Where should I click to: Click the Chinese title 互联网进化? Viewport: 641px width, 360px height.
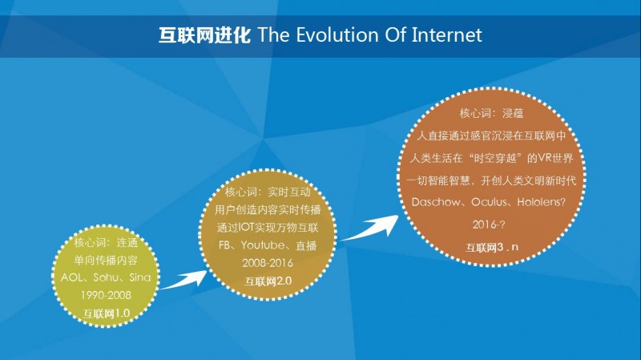click(204, 35)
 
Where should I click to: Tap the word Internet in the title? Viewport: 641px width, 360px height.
click(447, 34)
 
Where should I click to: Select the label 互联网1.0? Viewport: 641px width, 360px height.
click(107, 313)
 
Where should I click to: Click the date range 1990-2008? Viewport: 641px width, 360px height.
click(106, 295)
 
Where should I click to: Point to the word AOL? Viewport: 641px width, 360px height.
click(71, 277)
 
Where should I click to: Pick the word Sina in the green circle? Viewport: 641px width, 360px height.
click(139, 277)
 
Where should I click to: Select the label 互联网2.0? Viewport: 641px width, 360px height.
click(268, 281)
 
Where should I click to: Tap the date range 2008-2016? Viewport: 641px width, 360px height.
click(268, 263)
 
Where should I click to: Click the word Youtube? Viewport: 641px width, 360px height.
click(263, 245)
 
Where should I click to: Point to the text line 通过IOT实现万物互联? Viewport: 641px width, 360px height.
click(268, 228)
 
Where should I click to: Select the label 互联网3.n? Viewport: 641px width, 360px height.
click(492, 248)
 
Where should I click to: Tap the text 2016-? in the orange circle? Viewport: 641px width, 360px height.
click(489, 224)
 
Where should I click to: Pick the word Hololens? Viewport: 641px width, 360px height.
click(542, 203)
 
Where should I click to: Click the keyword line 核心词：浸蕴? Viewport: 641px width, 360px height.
click(491, 113)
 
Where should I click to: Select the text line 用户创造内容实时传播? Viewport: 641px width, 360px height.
click(268, 210)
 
